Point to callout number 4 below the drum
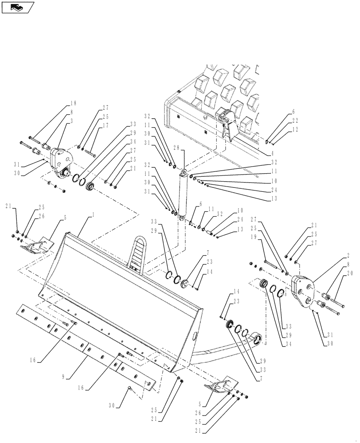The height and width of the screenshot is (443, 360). pos(272,153)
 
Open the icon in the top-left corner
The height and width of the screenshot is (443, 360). pos(18,7)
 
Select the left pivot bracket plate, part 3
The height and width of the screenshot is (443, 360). pos(60,162)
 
